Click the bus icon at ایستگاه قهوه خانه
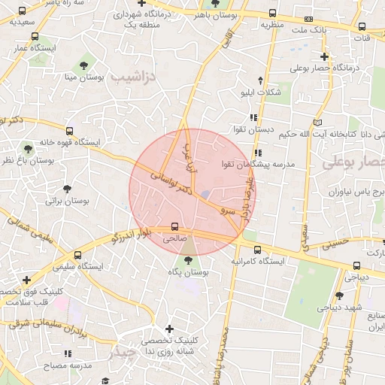70,130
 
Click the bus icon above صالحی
175,226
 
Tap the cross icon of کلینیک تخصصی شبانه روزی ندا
169,329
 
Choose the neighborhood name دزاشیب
132,77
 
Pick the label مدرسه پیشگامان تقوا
258,163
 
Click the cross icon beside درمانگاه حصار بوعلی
324,56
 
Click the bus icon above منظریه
272,13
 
